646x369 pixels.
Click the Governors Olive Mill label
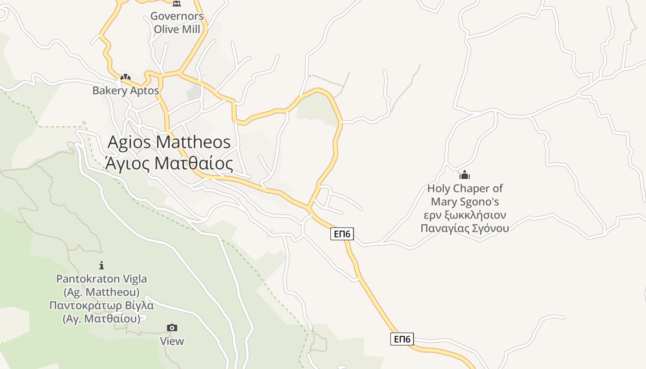[x=177, y=23]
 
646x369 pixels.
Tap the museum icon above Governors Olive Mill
[x=176, y=4]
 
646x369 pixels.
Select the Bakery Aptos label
[x=126, y=90]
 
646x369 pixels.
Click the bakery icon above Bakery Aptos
[x=126, y=77]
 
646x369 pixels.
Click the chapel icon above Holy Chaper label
[x=465, y=175]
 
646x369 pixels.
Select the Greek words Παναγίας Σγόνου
[x=465, y=228]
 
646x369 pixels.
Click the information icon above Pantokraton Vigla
[x=102, y=265]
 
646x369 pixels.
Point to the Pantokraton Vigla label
[x=102, y=279]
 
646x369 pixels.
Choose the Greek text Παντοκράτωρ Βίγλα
[x=102, y=305]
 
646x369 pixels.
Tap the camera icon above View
[x=172, y=328]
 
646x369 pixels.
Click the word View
[x=172, y=341]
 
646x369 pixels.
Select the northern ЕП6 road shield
[x=342, y=234]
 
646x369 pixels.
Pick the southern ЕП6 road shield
[x=402, y=339]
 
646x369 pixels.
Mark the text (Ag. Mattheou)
[x=102, y=292]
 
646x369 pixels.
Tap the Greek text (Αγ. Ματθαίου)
[x=102, y=319]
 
